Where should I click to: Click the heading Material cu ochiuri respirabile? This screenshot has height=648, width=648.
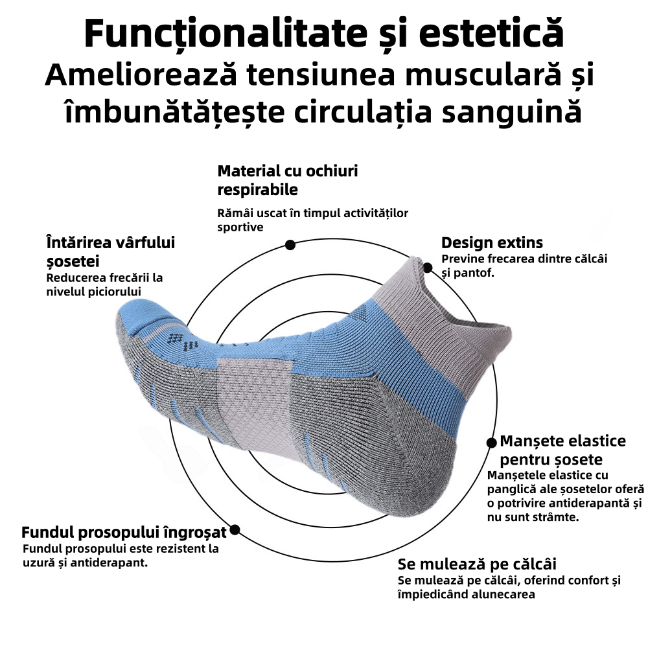pos(287,180)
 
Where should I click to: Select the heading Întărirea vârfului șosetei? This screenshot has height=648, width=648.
pos(111,251)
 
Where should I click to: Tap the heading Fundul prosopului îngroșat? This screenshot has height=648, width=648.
pos(124,533)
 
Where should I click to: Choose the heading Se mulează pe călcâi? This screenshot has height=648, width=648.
pos(477,564)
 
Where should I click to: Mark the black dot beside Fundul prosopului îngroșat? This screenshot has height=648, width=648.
pos(235,529)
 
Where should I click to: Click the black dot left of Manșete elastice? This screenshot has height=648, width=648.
pos(491,442)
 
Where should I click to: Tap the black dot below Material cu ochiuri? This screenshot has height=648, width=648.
pos(290,245)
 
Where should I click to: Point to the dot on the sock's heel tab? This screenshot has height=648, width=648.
pos(428,267)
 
